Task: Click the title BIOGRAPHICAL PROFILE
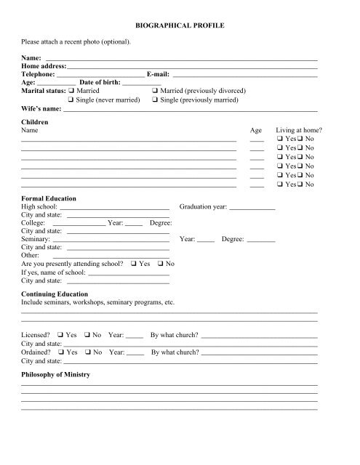click(x=180, y=25)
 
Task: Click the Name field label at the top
click(x=32, y=57)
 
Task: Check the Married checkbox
click(x=71, y=91)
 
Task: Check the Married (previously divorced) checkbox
click(x=156, y=91)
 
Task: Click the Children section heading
click(x=35, y=123)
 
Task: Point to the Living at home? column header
click(x=299, y=132)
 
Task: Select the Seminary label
click(x=36, y=238)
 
